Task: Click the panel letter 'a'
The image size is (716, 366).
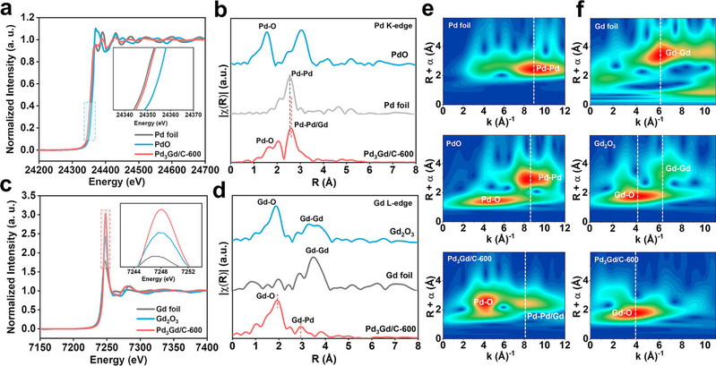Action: pos(6,8)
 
